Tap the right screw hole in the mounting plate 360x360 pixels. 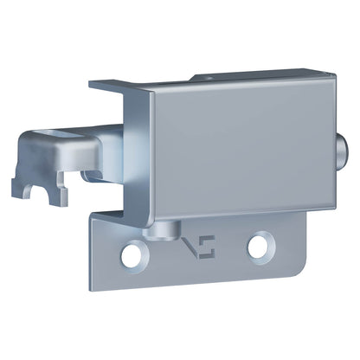tap(258, 247)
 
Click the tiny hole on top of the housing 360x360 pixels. tap(211, 76)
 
